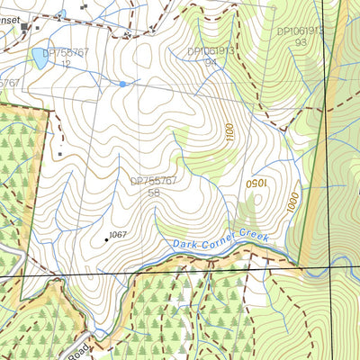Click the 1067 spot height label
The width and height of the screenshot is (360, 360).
point(118,235)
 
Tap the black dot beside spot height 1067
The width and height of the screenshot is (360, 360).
point(105,239)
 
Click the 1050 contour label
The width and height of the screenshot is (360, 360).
point(257,182)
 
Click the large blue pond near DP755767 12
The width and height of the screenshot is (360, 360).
point(40,59)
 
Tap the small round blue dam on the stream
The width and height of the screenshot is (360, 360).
point(122,84)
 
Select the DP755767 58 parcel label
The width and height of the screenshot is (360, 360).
point(154,186)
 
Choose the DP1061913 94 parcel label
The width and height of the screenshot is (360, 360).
point(211,57)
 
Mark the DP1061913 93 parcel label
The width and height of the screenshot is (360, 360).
point(300,36)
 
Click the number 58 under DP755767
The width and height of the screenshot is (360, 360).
point(154,193)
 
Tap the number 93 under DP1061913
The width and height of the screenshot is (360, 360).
point(300,42)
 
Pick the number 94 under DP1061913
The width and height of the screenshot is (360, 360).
point(211,63)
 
